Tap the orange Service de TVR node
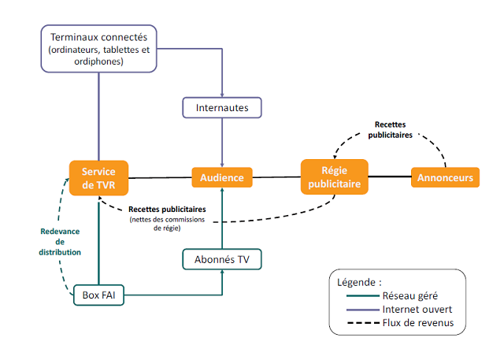[98, 178]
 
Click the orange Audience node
[222, 178]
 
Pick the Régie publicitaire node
[335, 177]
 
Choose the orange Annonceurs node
[446, 178]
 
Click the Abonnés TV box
[222, 258]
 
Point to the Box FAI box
[98, 296]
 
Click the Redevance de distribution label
[61, 241]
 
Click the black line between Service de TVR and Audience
[160, 178]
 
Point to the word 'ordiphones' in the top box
[98, 61]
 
